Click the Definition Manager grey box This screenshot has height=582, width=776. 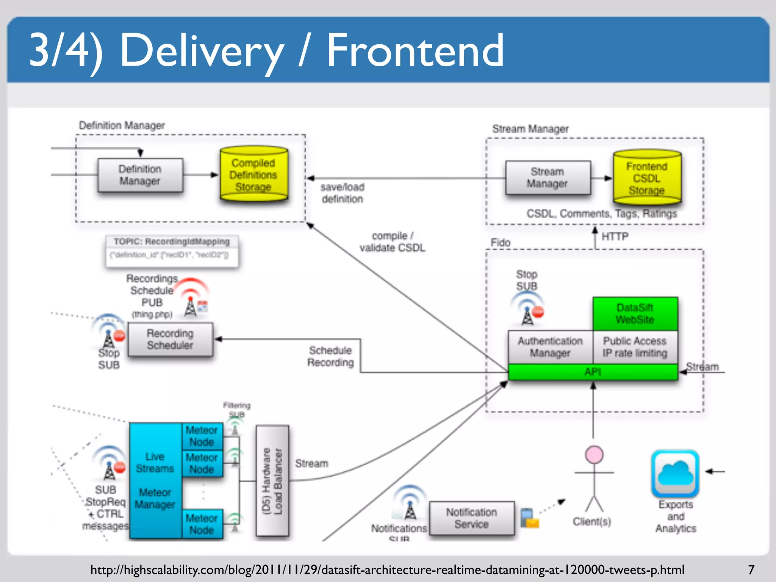coord(140,175)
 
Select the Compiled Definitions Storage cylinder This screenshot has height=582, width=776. coord(253,175)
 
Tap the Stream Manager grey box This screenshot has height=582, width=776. coord(548,178)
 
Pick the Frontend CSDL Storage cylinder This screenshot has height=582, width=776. coord(647,178)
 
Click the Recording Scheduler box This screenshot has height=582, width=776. coord(170,339)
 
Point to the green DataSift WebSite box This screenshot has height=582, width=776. coord(635,314)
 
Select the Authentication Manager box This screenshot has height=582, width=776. coord(550,347)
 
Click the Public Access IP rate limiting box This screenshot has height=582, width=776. coord(635,347)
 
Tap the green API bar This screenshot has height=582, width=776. coord(593,372)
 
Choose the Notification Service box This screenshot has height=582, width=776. coord(471,518)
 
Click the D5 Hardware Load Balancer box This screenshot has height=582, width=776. coord(272,481)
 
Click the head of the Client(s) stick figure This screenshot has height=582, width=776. coord(594,455)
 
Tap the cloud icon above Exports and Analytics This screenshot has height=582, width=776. coord(675,474)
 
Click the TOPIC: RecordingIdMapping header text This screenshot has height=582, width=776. coord(172,241)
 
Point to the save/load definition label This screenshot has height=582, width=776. coord(343,193)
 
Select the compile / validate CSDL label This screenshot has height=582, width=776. coord(393,242)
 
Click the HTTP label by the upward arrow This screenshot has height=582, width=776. coord(615,236)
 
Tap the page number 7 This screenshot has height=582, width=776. coord(751,569)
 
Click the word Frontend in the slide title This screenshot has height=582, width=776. coord(415,50)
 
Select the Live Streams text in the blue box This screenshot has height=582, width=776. coord(155,462)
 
